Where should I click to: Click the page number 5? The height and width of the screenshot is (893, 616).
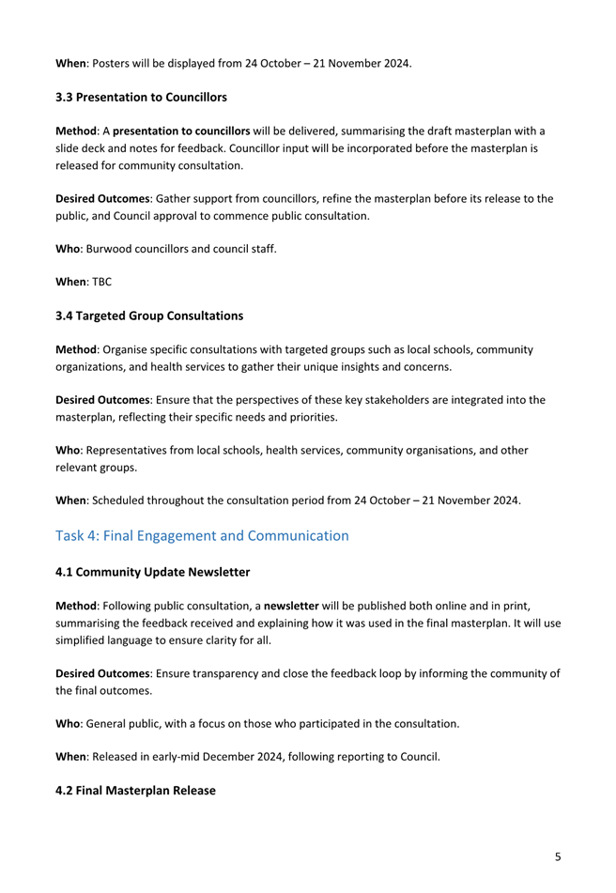(558, 830)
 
